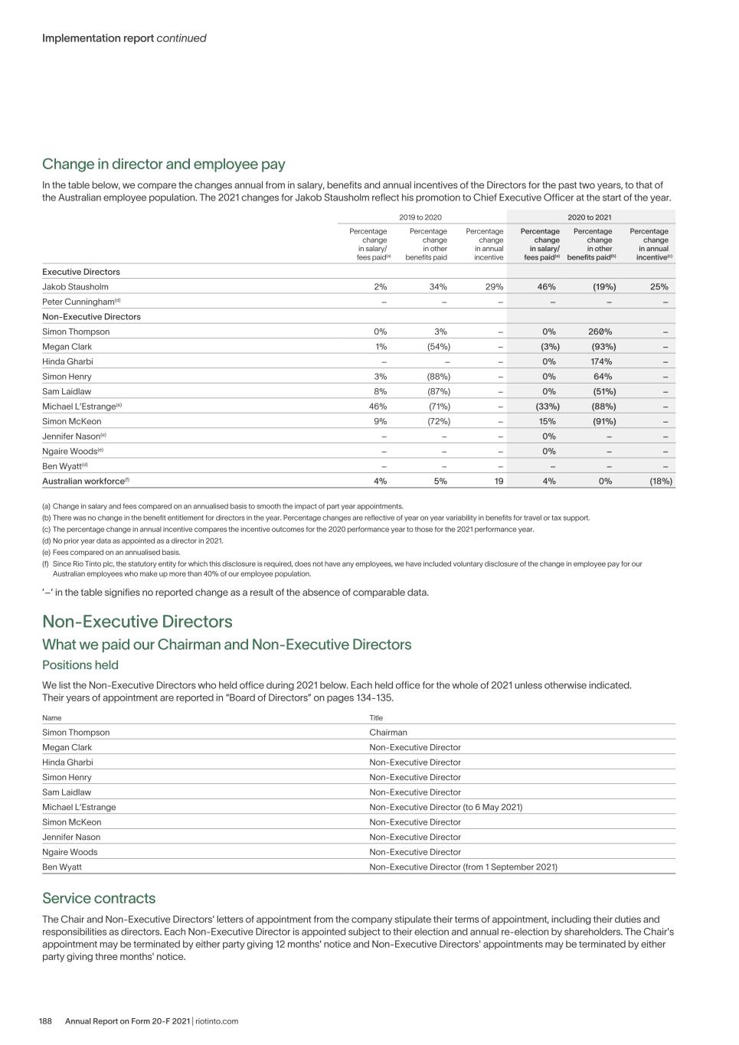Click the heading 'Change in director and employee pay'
[x=163, y=164]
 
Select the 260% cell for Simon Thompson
[x=600, y=331]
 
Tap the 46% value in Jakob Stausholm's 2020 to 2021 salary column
[x=546, y=287]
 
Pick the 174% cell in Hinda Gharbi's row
[x=600, y=361]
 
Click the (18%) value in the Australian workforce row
[x=660, y=482]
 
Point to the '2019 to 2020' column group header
[x=420, y=217]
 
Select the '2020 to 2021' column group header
[x=590, y=217]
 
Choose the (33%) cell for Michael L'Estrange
[x=547, y=407]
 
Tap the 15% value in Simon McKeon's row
[x=548, y=421]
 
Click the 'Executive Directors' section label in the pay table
[x=81, y=272]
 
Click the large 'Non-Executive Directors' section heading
[x=137, y=621]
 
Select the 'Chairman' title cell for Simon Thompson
[x=388, y=733]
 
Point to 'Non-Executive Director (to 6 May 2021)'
[x=446, y=807]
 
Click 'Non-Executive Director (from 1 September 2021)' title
[x=463, y=867]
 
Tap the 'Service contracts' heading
[x=99, y=898]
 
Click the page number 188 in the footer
[x=45, y=1021]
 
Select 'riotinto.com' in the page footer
[x=217, y=1021]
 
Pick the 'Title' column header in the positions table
[x=376, y=718]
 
